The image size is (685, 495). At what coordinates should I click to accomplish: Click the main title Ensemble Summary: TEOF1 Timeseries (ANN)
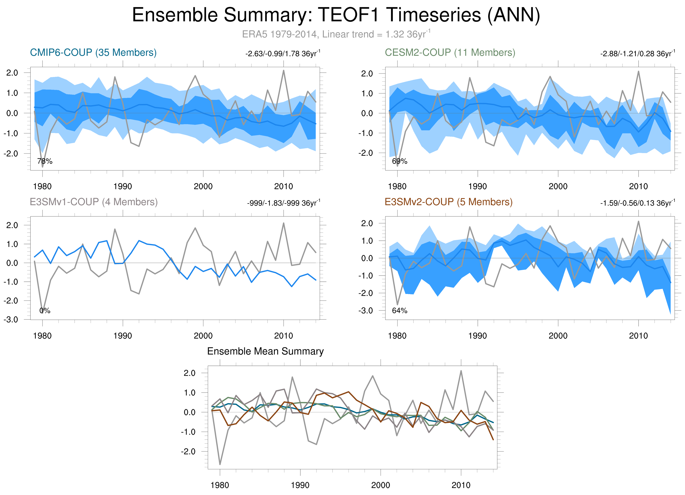336,15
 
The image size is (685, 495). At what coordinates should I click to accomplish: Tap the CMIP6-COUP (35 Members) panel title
93,53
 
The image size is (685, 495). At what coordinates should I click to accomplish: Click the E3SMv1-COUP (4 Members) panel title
94,202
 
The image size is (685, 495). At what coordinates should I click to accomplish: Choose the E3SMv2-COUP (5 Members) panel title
449,202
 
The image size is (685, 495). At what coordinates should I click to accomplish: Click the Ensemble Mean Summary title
265,351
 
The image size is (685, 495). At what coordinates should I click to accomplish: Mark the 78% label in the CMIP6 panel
45,161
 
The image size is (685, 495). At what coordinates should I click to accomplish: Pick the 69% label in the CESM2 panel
400,161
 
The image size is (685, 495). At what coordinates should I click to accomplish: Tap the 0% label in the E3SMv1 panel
45,311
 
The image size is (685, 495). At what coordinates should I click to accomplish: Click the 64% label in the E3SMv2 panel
400,311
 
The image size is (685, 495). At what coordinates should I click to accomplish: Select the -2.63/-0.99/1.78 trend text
283,54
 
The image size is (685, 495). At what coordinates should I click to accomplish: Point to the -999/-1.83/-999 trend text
283,203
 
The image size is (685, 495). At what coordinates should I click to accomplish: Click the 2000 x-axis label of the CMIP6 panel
203,186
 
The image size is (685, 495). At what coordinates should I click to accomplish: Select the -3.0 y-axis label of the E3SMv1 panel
11,320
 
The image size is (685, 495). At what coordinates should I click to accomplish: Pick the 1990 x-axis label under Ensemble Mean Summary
300,485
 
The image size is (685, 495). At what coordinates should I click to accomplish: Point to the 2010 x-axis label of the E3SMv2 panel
638,336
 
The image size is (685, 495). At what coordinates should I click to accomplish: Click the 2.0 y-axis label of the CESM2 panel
367,74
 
